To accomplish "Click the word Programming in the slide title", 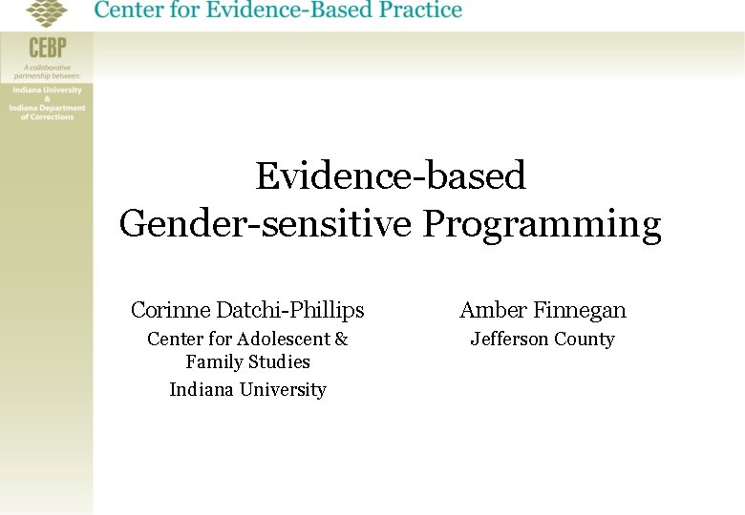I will coord(542,225).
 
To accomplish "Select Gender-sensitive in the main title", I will coord(266,225).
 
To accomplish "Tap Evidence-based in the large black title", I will coord(391,176).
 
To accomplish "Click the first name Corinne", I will coord(170,310).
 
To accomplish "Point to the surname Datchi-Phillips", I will coord(289,310).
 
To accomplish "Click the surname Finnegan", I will coord(580,310).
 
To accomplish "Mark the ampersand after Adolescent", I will coord(342,340).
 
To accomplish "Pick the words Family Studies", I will coord(247,362).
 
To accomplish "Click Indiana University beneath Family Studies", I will coord(247,390).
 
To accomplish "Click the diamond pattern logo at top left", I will coord(48,12).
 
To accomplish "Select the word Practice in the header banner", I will coord(407,11).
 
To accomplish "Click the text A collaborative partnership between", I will coord(47,72).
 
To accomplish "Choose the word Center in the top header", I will coord(126,11).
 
